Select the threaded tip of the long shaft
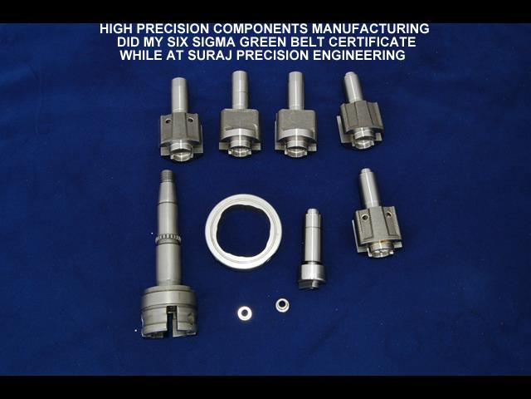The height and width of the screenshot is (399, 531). [x=168, y=177]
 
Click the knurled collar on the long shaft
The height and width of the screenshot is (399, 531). [x=168, y=239]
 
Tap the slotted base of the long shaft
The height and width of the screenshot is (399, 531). [x=168, y=312]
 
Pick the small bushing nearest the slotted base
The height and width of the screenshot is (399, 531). [x=245, y=313]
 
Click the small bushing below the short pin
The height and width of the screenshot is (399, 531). [x=282, y=305]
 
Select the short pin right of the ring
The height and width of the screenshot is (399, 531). [x=312, y=249]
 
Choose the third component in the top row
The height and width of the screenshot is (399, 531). [x=295, y=115]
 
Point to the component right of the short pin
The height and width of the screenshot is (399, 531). [x=377, y=213]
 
